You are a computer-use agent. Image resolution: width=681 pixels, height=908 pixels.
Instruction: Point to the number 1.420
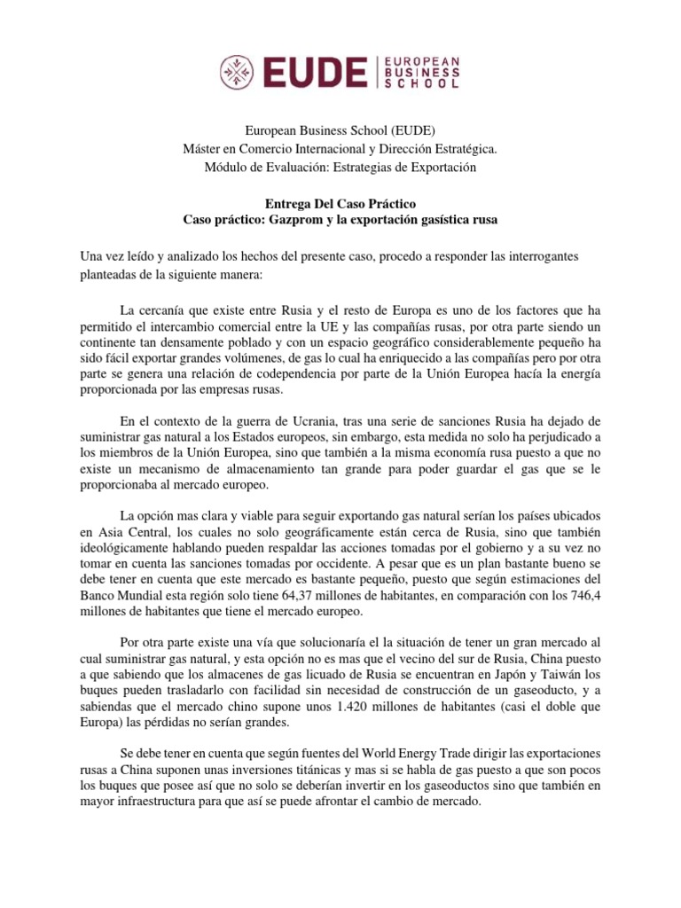pos(354,708)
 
